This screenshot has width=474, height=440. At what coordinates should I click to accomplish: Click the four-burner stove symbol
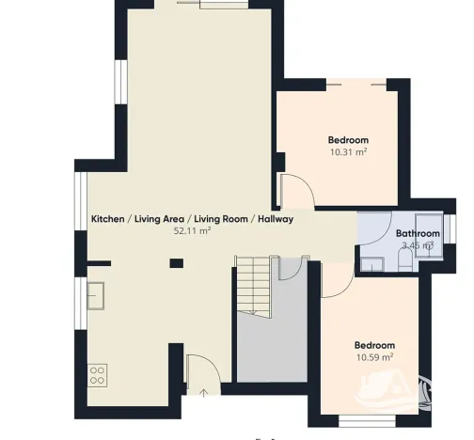point(97,375)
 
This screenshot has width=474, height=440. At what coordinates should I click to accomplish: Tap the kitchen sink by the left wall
point(96,296)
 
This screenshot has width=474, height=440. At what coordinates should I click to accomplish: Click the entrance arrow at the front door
point(204,393)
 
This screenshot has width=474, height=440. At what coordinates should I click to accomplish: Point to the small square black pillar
point(177,263)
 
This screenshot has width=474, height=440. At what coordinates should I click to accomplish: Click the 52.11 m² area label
point(192,231)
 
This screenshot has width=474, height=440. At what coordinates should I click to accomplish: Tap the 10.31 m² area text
point(348,152)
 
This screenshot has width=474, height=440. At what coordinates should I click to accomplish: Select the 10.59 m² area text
point(374,357)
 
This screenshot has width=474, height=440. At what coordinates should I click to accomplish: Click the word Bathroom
point(418,233)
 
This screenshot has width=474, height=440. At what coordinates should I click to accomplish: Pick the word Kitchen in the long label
point(107,219)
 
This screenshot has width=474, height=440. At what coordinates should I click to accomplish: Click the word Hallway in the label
point(276,219)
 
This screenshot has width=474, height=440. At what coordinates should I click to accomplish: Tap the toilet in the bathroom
point(405,260)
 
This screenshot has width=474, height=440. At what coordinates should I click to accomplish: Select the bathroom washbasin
point(372,264)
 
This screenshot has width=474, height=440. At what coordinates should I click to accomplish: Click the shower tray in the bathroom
point(429,236)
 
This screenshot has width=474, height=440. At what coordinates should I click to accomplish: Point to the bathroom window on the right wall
point(450,228)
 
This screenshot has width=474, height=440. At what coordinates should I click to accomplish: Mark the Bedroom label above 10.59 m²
point(374,345)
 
